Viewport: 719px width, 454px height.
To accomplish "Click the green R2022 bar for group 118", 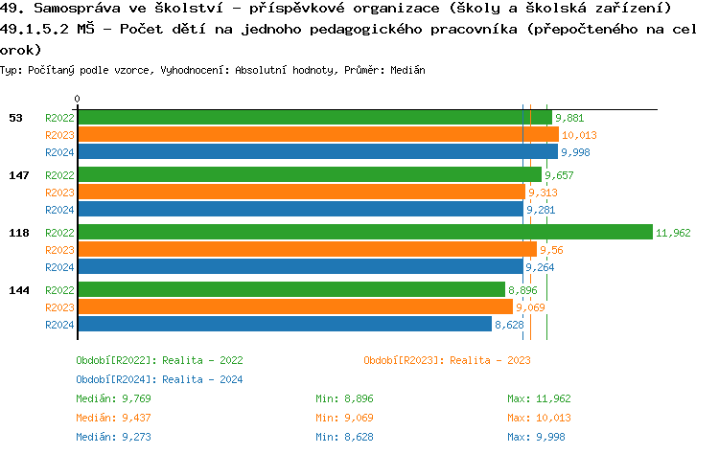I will pos(364,233).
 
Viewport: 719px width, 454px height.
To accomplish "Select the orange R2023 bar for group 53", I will pos(317,135).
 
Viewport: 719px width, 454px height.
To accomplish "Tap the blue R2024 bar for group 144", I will pos(284,325).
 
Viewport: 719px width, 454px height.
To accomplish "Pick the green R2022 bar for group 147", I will pos(309,175).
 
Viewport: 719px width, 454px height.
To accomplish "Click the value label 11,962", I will pos(673,233).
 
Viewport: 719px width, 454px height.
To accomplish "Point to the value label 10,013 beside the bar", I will pos(579,135).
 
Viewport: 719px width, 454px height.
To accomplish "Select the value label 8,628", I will pos(509,325).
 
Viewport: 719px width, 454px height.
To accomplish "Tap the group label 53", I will pos(15,118).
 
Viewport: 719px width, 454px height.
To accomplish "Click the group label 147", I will pos(18,175).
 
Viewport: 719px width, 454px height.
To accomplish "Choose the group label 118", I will pos(18,233).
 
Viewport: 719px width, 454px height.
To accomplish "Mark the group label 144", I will pos(18,289).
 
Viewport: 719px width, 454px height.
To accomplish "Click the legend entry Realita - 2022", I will pos(159,360).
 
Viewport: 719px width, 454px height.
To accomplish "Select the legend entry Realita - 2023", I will pos(447,360).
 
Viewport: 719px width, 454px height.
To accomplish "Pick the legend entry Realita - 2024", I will pos(159,379).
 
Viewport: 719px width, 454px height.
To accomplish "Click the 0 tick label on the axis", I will pos(77,99).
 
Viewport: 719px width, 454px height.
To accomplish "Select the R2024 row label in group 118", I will pos(59,267).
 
